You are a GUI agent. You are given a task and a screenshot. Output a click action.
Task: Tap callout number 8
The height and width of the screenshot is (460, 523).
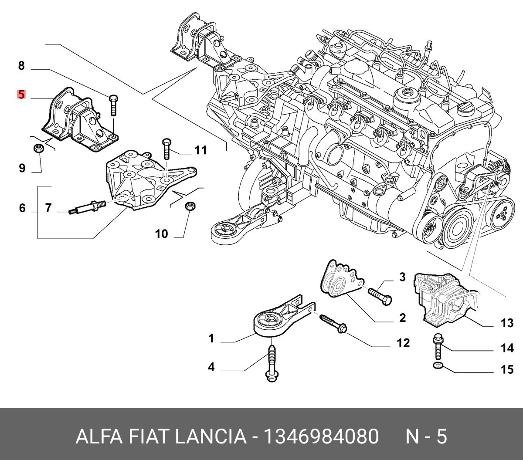coord(21,66)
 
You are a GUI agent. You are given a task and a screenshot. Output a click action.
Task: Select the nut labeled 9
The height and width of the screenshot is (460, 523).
coord(37,149)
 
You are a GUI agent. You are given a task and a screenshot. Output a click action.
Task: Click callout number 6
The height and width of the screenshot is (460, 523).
coord(22,208)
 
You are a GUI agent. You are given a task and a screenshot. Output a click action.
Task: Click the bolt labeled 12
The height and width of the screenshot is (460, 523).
coord(333,324)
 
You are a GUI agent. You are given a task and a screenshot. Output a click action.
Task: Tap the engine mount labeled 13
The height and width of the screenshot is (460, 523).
coord(442,299)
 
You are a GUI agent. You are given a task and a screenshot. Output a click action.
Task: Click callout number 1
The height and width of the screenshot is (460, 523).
coord(211,338)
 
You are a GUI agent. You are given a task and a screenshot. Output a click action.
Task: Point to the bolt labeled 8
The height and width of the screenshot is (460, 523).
coord(113,105)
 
